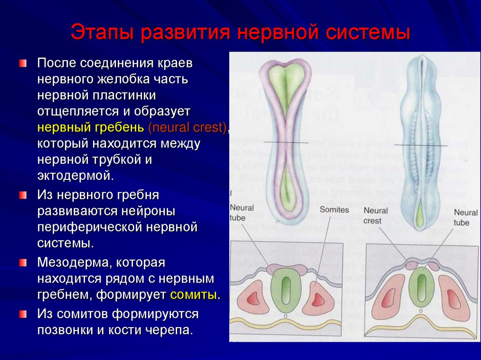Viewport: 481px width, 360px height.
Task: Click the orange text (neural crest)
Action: pos(187,127)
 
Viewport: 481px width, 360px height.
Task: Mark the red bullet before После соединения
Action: pos(23,63)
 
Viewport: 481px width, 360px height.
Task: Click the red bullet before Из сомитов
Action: pos(23,313)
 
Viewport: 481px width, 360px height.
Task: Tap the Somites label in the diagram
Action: pos(334,210)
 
